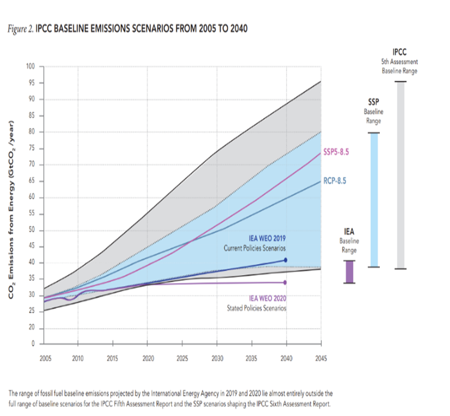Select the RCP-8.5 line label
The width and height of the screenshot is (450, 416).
pos(335,181)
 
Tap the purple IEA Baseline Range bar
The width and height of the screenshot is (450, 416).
pos(349,272)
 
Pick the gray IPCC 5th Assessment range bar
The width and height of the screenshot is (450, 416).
pos(400,175)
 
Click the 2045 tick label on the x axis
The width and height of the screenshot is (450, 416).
pos(321,358)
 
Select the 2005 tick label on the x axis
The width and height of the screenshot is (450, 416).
pos(46,358)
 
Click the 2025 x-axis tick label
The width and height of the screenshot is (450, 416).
pos(183,358)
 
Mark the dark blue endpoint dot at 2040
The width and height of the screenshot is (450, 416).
pos(286,260)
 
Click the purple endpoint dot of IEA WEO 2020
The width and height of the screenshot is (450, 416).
pos(286,282)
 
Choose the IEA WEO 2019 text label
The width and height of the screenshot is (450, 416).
pos(267,239)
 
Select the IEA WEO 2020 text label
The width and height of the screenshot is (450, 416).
pos(267,298)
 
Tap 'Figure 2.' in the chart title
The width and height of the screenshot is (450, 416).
pos(21,28)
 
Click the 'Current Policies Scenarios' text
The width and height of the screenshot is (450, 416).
pos(254,248)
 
